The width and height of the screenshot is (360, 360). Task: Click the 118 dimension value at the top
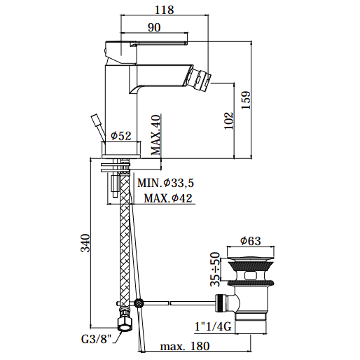(x=165, y=10)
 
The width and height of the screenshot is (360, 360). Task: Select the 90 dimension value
(x=154, y=27)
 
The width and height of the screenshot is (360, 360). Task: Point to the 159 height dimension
(x=246, y=99)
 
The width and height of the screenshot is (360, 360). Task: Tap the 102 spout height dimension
(x=229, y=120)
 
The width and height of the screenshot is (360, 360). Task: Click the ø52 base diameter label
(x=121, y=136)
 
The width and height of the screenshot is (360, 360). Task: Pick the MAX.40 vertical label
(x=155, y=135)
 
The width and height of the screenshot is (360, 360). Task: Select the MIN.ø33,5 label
(x=165, y=183)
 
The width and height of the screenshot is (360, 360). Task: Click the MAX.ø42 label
(x=168, y=198)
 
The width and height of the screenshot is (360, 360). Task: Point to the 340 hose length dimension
(x=85, y=243)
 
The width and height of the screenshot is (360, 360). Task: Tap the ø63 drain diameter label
(x=251, y=241)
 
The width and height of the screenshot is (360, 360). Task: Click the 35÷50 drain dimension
(x=215, y=269)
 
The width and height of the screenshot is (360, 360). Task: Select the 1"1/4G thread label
(x=213, y=326)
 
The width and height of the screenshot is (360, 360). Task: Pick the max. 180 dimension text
(x=185, y=346)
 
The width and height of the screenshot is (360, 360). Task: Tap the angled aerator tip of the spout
(x=198, y=78)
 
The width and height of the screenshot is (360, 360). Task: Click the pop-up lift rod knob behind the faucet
(x=96, y=120)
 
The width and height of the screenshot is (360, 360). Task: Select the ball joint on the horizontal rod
(x=139, y=303)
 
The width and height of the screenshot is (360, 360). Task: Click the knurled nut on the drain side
(x=221, y=303)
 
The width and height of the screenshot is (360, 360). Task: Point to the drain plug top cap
(x=251, y=258)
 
